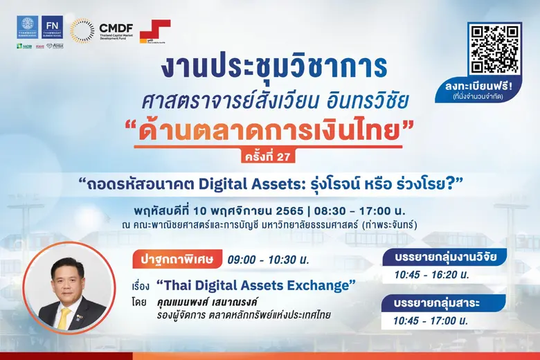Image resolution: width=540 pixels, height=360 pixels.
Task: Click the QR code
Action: pyautogui.click(x=494, y=49)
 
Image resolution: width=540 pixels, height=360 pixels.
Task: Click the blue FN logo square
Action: pyautogui.click(x=52, y=27)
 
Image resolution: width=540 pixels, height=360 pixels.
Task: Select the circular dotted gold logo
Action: pyautogui.click(x=82, y=31)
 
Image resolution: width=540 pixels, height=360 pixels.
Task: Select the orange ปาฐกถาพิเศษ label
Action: pyautogui.click(x=178, y=260)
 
